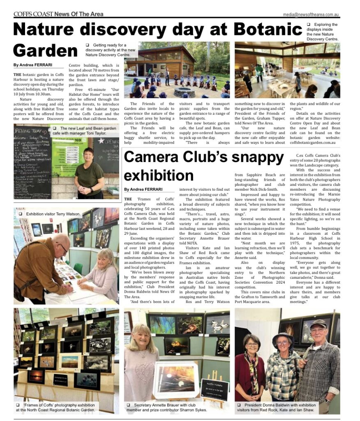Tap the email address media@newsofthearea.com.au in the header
(x=311, y=15)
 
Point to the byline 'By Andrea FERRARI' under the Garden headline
(x=33, y=65)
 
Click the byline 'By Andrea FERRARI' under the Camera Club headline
(x=143, y=189)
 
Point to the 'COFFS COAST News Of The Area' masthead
(x=58, y=14)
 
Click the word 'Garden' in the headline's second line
(x=45, y=50)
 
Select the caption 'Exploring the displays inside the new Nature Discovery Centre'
(x=323, y=32)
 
